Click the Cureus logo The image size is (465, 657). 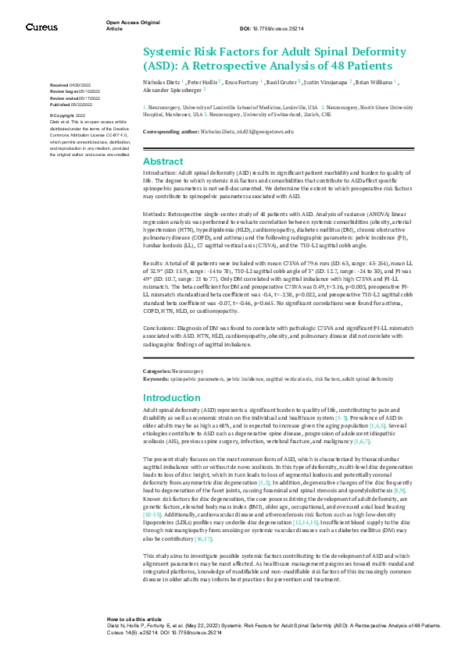pos(41,27)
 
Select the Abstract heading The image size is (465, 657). pos(163,161)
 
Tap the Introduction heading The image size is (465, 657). pos(173,397)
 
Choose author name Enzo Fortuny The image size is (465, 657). pos(249,80)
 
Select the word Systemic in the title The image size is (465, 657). pos(169,51)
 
